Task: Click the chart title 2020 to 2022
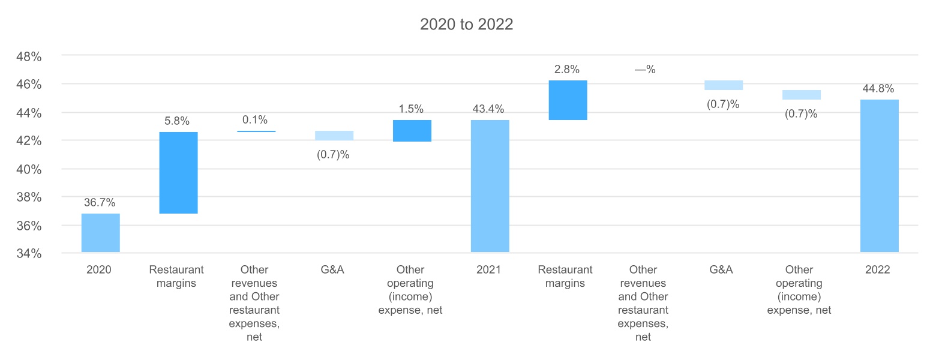click(466, 25)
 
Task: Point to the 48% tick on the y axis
click(28, 56)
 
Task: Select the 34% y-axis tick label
click(28, 254)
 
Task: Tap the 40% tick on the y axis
click(28, 169)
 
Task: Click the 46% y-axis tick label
click(28, 85)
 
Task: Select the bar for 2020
click(100, 233)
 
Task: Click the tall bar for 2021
click(490, 186)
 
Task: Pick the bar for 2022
click(879, 176)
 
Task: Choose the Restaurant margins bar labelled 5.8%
click(178, 173)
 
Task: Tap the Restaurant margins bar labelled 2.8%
click(568, 100)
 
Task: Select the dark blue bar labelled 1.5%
click(412, 131)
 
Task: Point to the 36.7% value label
click(100, 203)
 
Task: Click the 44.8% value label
click(879, 89)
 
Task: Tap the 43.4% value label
click(490, 109)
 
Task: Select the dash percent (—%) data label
click(645, 70)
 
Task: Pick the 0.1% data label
click(255, 120)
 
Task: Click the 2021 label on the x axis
click(488, 270)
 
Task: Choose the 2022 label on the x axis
click(878, 270)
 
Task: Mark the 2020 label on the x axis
click(99, 270)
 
